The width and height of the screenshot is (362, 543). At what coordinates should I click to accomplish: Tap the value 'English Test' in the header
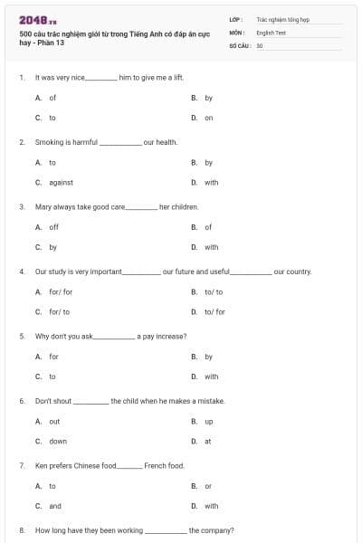(x=271, y=32)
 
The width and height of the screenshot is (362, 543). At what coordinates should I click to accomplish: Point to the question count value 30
(x=260, y=44)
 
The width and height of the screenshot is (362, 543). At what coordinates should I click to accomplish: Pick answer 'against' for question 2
(x=61, y=182)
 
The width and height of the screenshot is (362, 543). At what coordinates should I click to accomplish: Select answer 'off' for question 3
(x=53, y=227)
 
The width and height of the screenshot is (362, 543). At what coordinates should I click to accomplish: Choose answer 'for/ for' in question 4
(x=61, y=291)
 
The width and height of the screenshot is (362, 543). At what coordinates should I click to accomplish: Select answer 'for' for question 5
(x=53, y=357)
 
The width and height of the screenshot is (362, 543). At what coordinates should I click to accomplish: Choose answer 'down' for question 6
(x=57, y=441)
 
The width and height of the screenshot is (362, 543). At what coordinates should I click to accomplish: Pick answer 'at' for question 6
(x=208, y=441)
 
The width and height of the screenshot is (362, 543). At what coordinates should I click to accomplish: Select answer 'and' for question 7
(x=55, y=506)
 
